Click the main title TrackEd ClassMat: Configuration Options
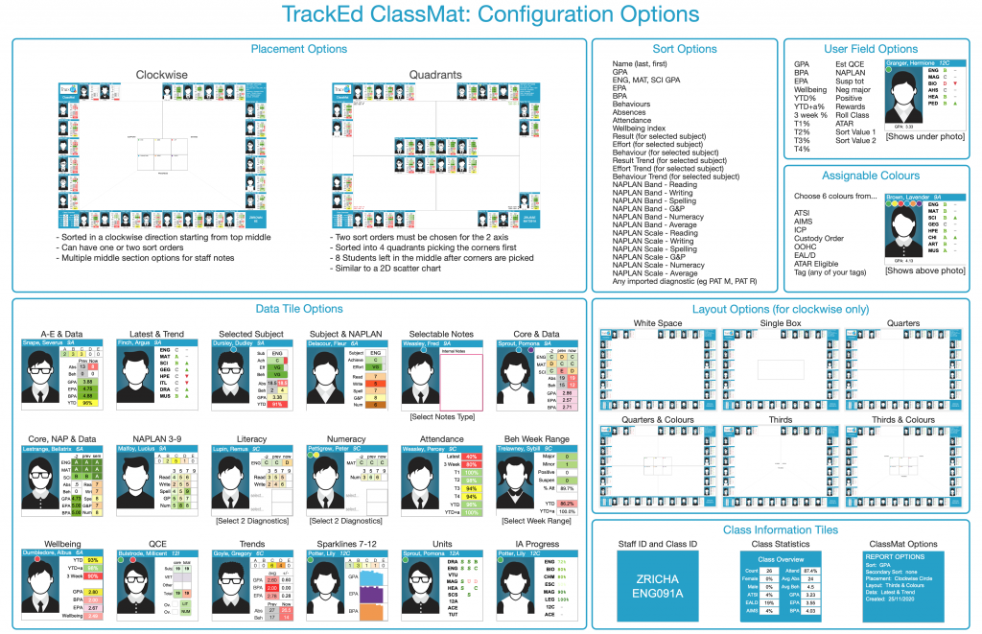click(x=490, y=15)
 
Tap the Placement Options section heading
click(x=298, y=49)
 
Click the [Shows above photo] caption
click(x=924, y=270)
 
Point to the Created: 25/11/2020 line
click(x=887, y=600)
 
